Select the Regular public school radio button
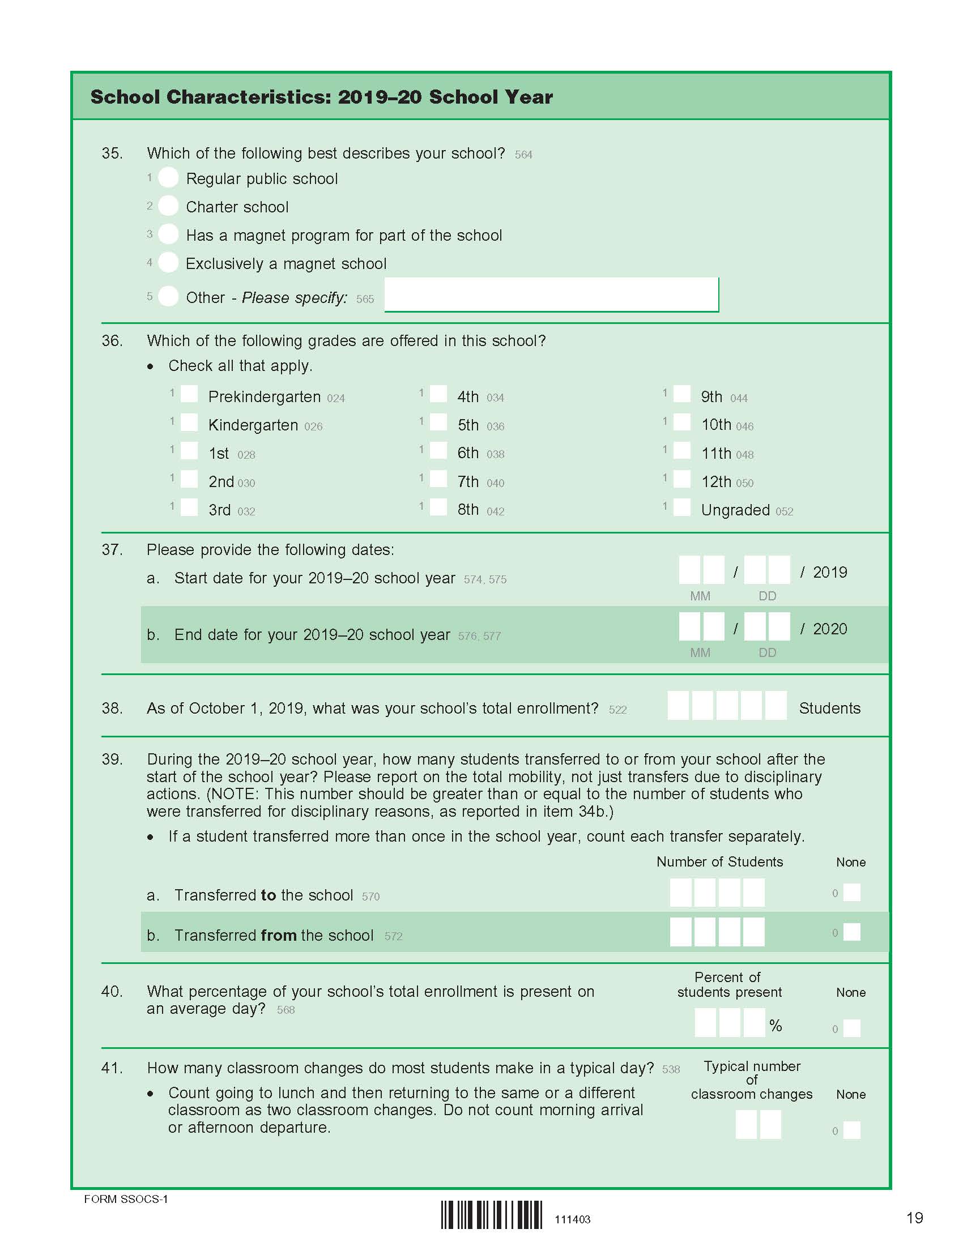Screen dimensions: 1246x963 point(168,178)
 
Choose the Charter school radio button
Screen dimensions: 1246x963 point(168,206)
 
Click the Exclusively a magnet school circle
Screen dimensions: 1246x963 point(168,262)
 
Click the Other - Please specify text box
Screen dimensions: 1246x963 point(551,295)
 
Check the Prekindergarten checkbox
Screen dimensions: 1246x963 point(189,394)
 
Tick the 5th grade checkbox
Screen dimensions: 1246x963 point(438,423)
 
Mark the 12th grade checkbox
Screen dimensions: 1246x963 point(681,479)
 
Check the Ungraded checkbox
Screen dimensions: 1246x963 point(681,507)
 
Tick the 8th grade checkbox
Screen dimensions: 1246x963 point(438,507)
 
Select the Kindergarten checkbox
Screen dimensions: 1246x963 point(189,423)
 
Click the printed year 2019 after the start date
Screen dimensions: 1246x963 point(829,572)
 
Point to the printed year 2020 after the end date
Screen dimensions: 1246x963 point(829,629)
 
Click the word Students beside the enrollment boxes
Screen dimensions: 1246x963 point(829,708)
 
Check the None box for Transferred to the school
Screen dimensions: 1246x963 point(852,892)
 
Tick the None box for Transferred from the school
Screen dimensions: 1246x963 point(852,932)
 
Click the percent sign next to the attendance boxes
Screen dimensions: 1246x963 point(775,1026)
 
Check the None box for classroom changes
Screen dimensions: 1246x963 point(852,1130)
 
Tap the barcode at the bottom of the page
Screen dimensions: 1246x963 point(492,1215)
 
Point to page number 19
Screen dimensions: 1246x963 point(914,1218)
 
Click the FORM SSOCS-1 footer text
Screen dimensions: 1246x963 point(126,1199)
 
